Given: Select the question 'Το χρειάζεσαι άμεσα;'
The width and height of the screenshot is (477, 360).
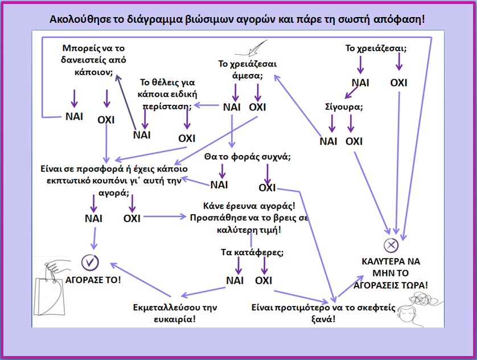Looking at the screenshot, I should [x=248, y=69].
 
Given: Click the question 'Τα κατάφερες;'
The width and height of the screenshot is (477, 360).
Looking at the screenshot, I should [x=252, y=251].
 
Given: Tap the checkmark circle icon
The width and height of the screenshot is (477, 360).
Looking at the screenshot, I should [x=91, y=262].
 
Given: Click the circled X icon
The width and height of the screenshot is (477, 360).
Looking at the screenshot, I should [x=390, y=246].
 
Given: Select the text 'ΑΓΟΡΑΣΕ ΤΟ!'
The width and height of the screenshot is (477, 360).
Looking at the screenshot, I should [x=93, y=281].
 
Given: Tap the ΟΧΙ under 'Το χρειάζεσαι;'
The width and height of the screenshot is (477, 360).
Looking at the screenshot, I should [x=398, y=83].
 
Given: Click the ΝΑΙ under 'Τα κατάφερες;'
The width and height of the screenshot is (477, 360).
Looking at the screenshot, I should [x=235, y=280].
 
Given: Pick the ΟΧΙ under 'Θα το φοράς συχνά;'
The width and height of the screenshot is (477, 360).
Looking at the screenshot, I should [x=267, y=187].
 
